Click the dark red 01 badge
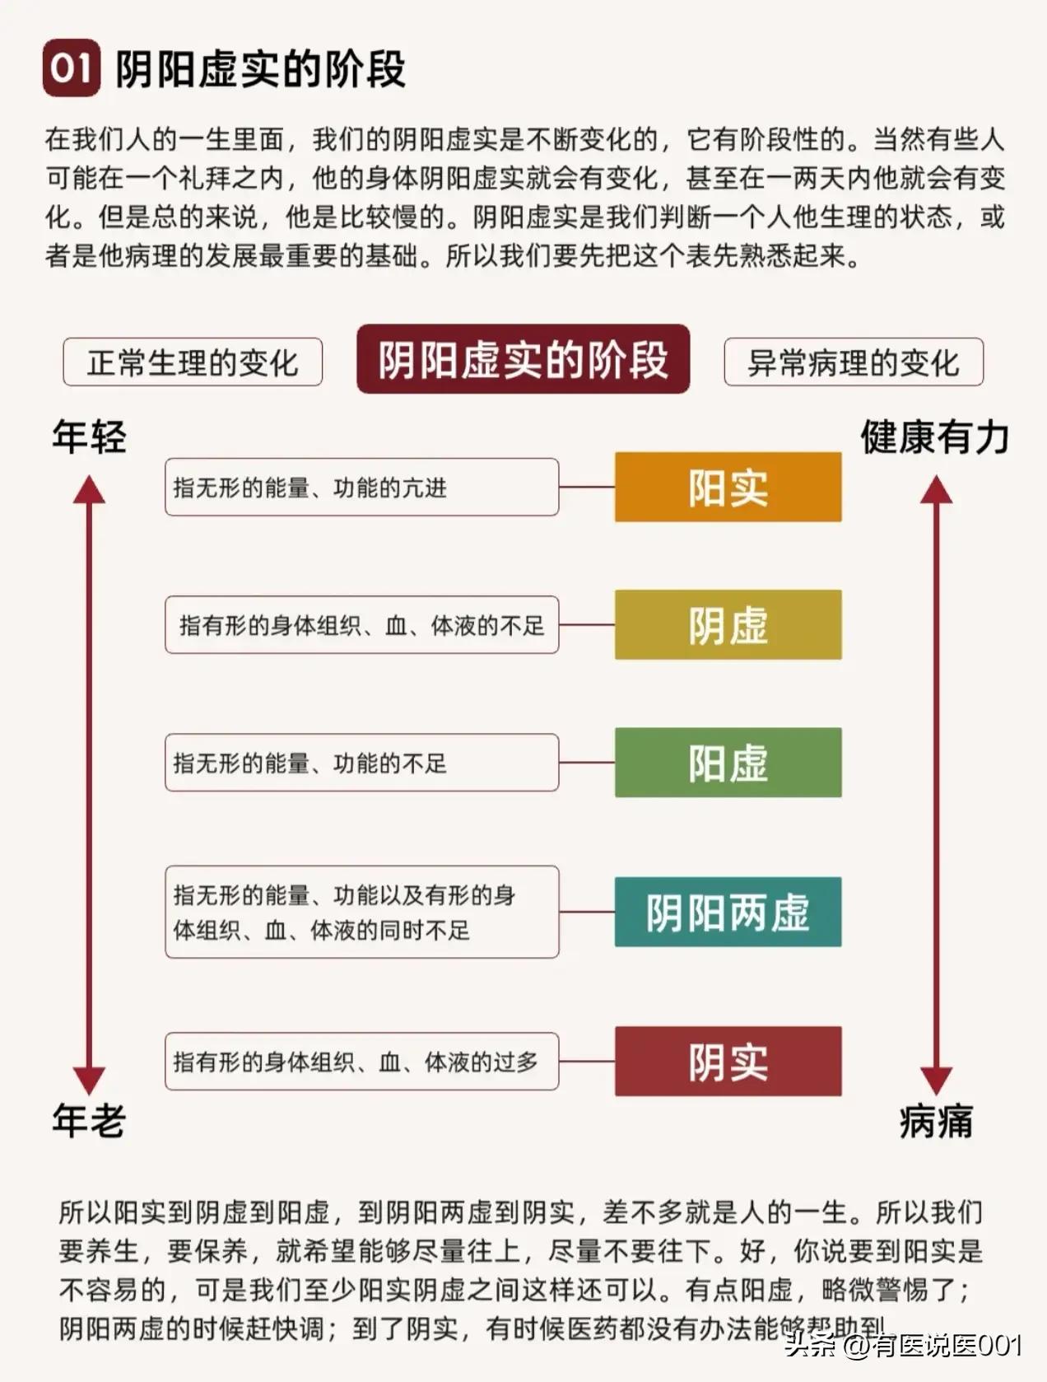(x=72, y=68)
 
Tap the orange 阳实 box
(x=728, y=487)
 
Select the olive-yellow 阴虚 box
(x=728, y=624)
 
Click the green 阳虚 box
(x=728, y=762)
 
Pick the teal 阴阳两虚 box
(x=728, y=912)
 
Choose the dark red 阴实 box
(x=728, y=1061)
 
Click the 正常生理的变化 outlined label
(x=193, y=362)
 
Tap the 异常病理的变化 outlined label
(x=854, y=362)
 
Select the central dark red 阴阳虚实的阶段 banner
(x=523, y=359)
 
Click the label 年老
(x=89, y=1121)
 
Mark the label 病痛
(x=936, y=1121)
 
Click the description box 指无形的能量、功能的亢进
(x=361, y=488)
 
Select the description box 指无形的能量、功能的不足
(x=361, y=763)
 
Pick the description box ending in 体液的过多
(x=361, y=1062)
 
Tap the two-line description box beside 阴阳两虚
(x=361, y=912)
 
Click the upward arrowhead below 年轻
(x=89, y=491)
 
